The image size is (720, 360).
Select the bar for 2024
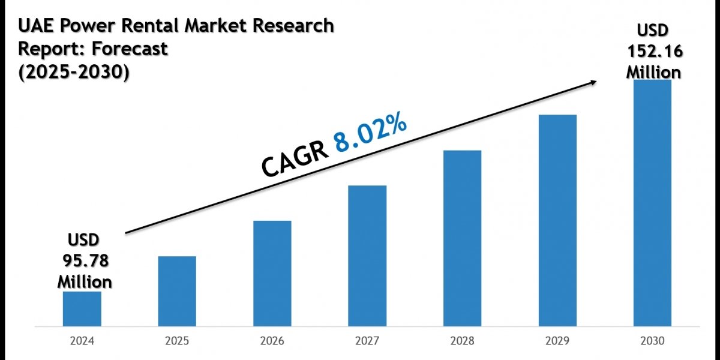pyautogui.click(x=82, y=310)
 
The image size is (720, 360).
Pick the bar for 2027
pyautogui.click(x=367, y=257)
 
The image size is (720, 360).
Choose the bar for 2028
pyautogui.click(x=462, y=239)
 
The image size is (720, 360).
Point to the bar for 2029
pyautogui.click(x=557, y=221)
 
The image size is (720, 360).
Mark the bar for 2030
pyautogui.click(x=652, y=203)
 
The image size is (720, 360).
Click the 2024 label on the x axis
pyautogui.click(x=82, y=342)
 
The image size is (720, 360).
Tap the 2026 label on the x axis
pyautogui.click(x=272, y=342)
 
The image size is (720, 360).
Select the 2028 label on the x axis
pyautogui.click(x=462, y=342)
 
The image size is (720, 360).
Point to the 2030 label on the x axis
pyautogui.click(x=652, y=342)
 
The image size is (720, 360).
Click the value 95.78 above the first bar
pyautogui.click(x=85, y=261)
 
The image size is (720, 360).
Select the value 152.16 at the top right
pyautogui.click(x=654, y=52)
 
